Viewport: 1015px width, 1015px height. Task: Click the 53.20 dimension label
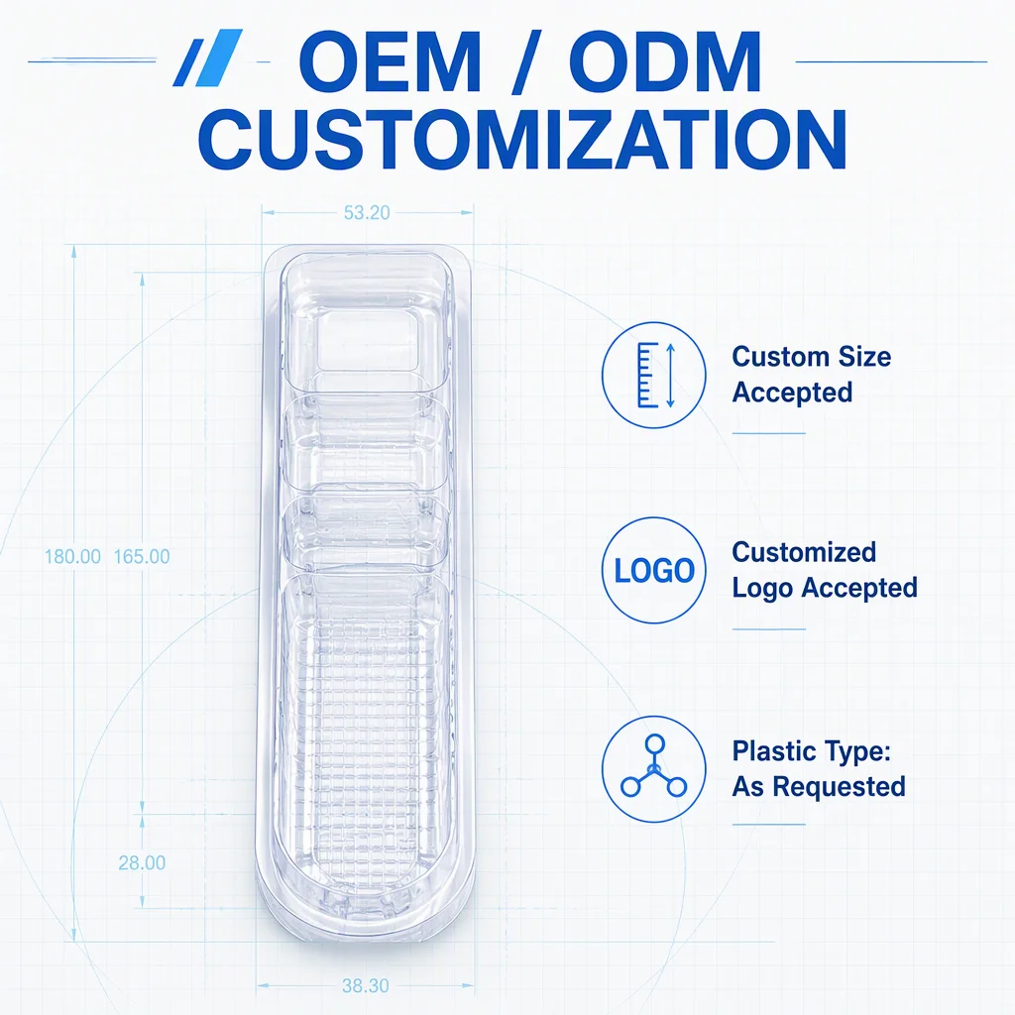coord(367,212)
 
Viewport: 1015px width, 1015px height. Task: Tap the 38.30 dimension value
coord(365,986)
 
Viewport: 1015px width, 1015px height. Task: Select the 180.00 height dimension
coord(72,557)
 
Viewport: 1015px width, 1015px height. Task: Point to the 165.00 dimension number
coord(142,557)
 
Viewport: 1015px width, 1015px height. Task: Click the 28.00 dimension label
coord(142,863)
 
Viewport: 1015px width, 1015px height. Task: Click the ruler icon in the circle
coord(654,376)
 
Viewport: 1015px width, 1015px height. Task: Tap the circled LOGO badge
coord(654,570)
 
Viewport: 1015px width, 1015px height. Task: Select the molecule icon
coord(654,769)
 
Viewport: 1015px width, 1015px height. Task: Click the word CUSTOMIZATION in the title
coord(522,139)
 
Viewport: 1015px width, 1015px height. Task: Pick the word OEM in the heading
coord(390,62)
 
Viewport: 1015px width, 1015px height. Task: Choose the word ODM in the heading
coord(665,62)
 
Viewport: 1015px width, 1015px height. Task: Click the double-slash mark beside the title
coord(207,57)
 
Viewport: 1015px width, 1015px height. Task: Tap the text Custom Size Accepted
coord(812,374)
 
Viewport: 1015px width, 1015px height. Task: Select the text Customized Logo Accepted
coord(825,570)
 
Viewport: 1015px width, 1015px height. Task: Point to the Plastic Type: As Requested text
coord(818,769)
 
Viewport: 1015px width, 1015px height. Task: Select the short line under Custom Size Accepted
coord(769,433)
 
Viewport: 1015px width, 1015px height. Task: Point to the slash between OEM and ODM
coord(525,62)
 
